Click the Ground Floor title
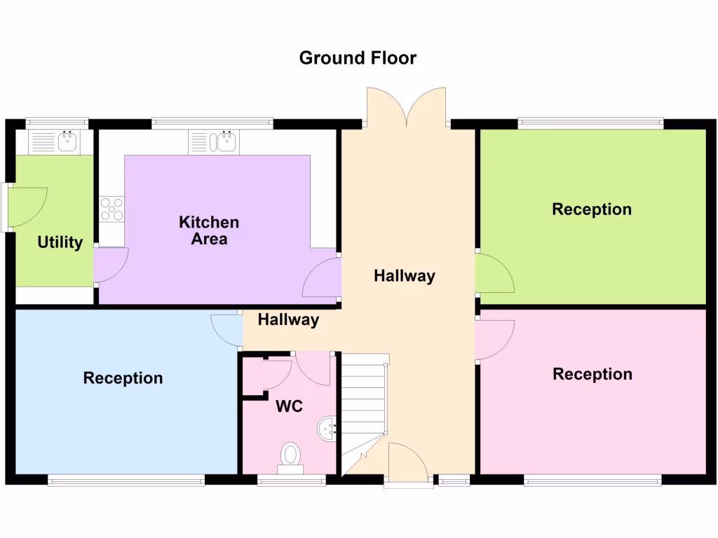click(358, 57)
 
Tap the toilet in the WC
click(290, 456)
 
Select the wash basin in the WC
click(327, 429)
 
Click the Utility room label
click(60, 243)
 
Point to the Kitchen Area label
click(209, 230)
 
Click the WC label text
click(289, 406)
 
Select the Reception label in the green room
click(592, 209)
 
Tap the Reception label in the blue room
click(123, 378)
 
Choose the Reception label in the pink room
click(592, 374)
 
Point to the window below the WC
click(291, 480)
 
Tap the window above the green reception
click(590, 123)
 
